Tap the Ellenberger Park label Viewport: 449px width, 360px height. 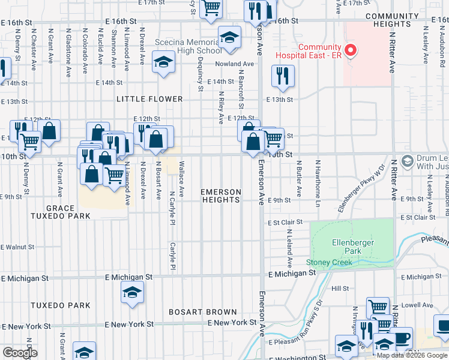(352, 247)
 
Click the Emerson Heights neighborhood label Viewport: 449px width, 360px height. (221, 196)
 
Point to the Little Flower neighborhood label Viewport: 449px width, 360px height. (149, 99)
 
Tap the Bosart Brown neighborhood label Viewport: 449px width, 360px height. (203, 312)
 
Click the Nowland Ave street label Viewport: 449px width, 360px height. (236, 64)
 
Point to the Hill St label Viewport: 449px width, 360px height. (340, 289)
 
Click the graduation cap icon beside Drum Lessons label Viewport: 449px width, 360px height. (408, 161)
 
